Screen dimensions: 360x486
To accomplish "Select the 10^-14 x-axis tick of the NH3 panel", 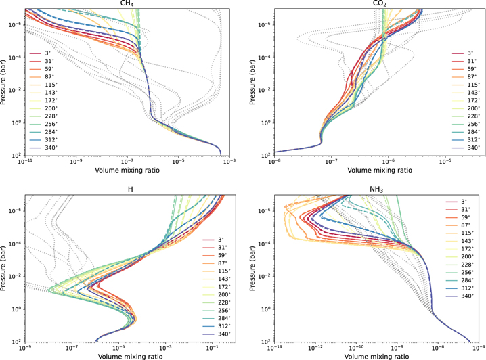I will click(x=274, y=348).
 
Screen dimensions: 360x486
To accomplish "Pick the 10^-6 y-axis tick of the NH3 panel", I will click(x=265, y=211).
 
